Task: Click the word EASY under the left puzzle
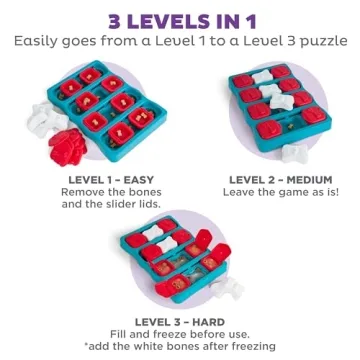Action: pyautogui.click(x=136, y=180)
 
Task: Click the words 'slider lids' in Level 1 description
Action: pyautogui.click(x=136, y=205)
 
